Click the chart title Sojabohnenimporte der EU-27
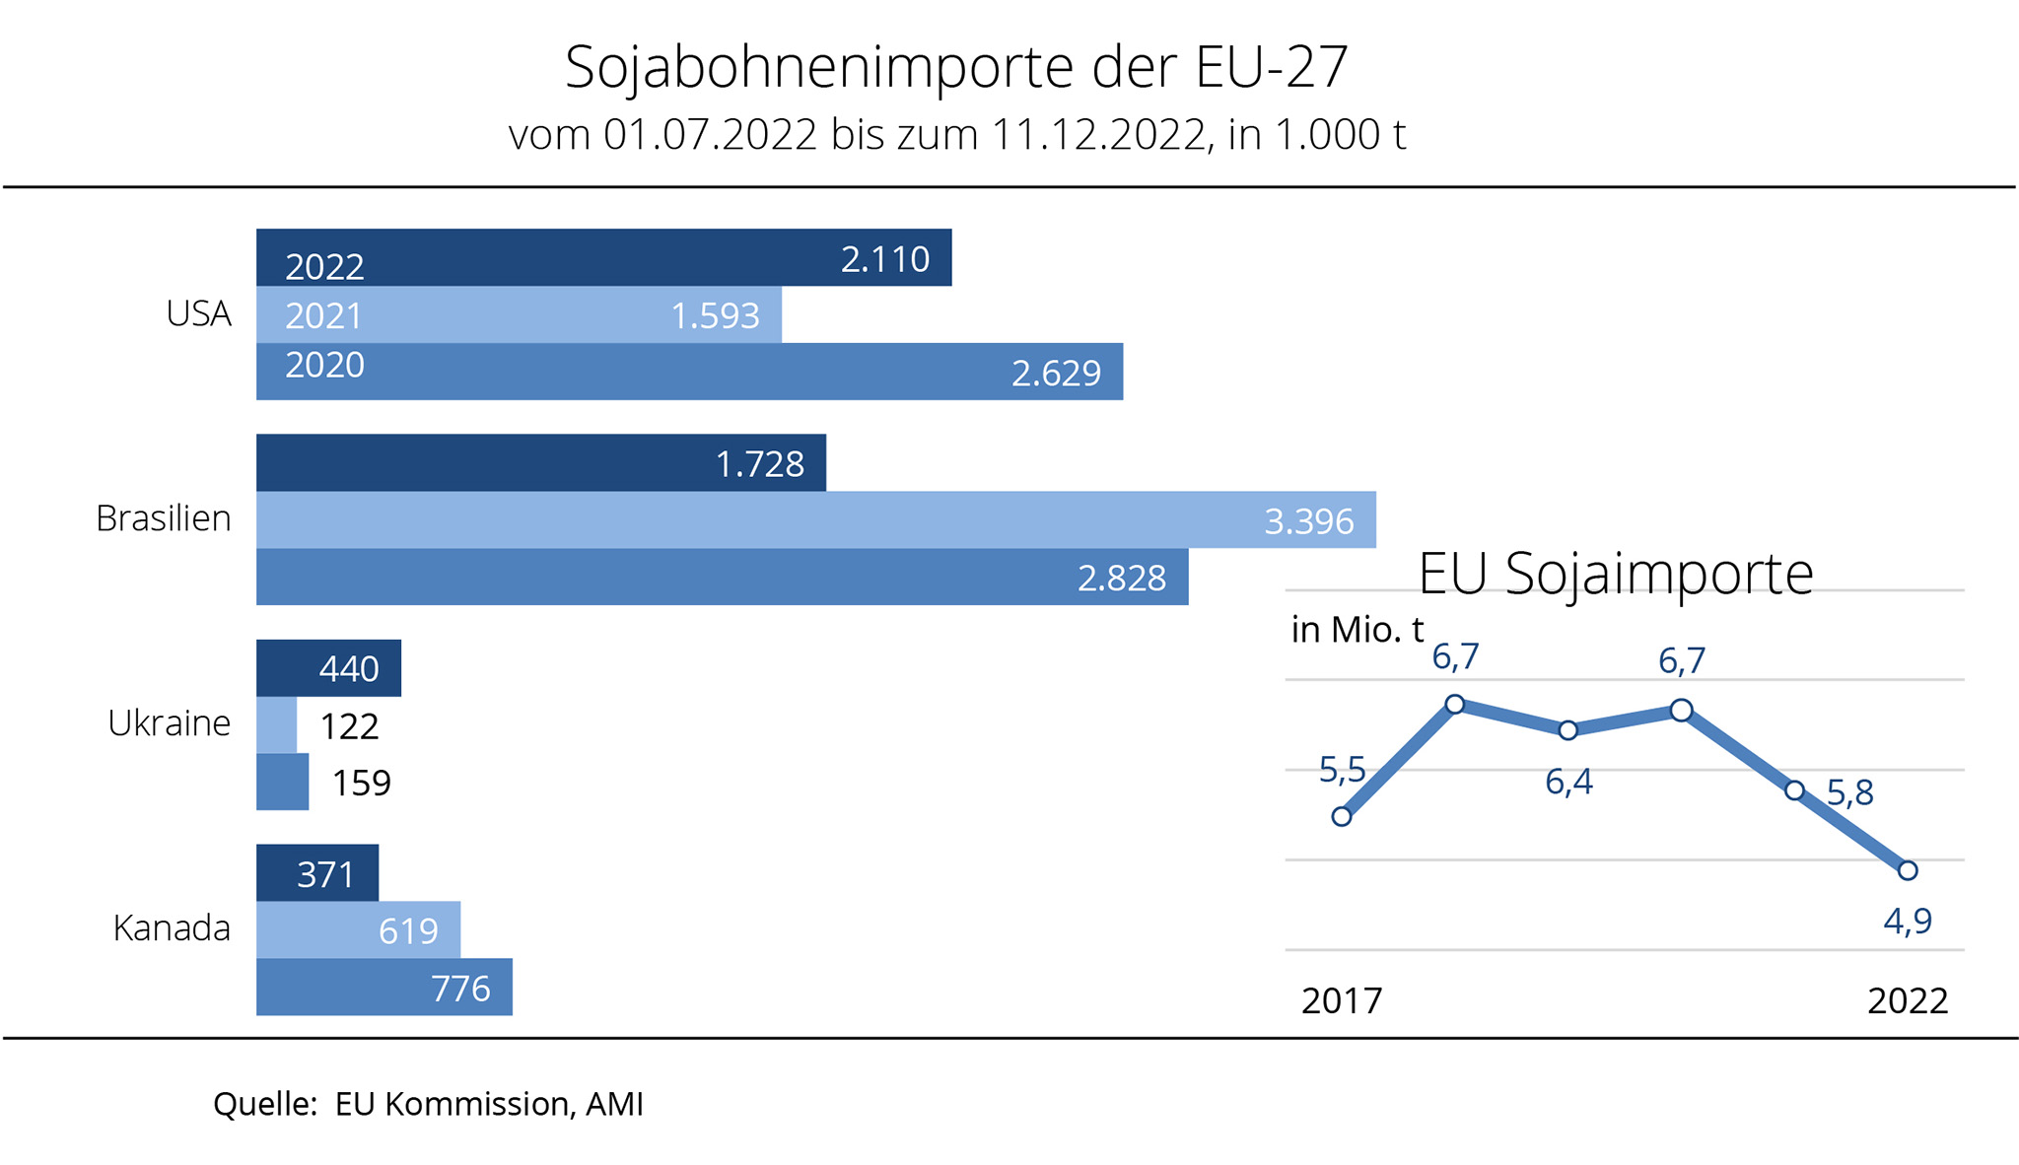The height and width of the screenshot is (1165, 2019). pyautogui.click(x=955, y=67)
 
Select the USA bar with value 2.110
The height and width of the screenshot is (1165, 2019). pyautogui.click(x=603, y=258)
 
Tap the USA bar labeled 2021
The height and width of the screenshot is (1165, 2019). pyautogui.click(x=519, y=315)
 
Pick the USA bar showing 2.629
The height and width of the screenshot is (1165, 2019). pyautogui.click(x=689, y=372)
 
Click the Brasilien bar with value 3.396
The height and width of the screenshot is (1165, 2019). pyautogui.click(x=815, y=519)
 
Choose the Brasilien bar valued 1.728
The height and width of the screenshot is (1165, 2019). pyautogui.click(x=540, y=463)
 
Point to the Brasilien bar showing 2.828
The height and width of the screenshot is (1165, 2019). pyautogui.click(x=722, y=577)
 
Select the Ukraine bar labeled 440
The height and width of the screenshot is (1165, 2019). pyautogui.click(x=328, y=668)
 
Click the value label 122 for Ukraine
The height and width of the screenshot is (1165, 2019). pyautogui.click(x=349, y=726)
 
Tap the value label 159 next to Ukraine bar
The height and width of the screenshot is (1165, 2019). pyautogui.click(x=361, y=783)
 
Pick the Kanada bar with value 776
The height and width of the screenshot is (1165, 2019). pyautogui.click(x=383, y=987)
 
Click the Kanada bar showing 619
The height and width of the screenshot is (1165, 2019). pyautogui.click(x=358, y=929)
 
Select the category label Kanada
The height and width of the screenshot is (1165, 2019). pyautogui.click(x=172, y=928)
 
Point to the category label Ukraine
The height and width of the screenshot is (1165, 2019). pyautogui.click(x=169, y=723)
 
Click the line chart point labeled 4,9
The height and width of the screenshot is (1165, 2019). pyautogui.click(x=1908, y=870)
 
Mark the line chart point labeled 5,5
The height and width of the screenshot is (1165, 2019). pyautogui.click(x=1341, y=816)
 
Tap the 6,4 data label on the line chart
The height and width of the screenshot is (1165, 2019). pyautogui.click(x=1568, y=782)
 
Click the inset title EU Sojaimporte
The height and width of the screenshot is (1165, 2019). pyautogui.click(x=1615, y=574)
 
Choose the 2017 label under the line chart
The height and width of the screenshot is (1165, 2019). pyautogui.click(x=1342, y=1000)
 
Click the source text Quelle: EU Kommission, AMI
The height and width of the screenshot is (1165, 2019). pyautogui.click(x=428, y=1104)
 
